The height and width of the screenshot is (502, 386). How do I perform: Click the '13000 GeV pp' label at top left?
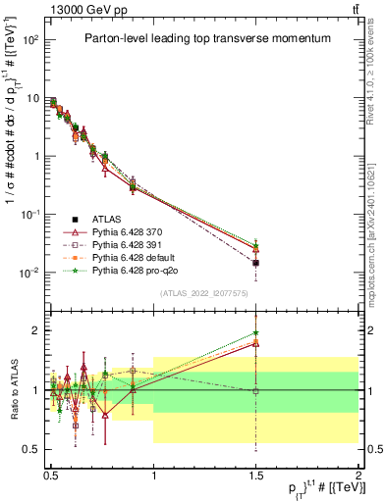pyautogui.click(x=77, y=10)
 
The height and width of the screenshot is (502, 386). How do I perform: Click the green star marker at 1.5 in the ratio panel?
pyautogui.click(x=256, y=333)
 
